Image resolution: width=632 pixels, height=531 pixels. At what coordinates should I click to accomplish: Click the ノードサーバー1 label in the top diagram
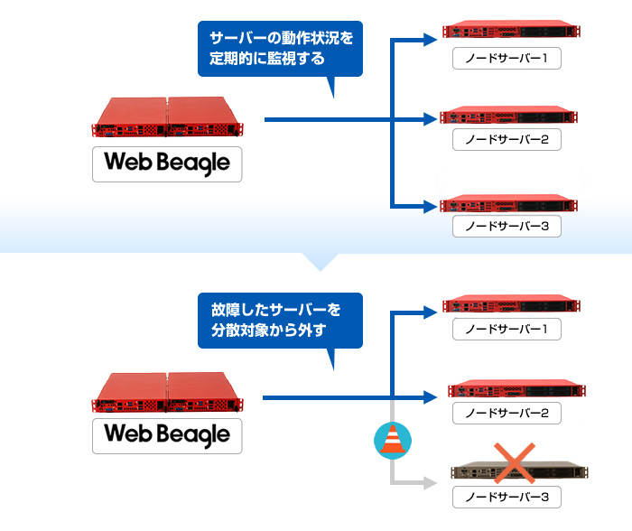coord(507,60)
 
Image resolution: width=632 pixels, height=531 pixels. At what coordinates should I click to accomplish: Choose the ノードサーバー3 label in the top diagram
coord(507,225)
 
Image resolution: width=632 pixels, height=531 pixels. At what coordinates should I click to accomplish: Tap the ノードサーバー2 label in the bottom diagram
coord(507,413)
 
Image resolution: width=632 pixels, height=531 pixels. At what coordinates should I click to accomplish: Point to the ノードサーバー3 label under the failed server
coord(507,497)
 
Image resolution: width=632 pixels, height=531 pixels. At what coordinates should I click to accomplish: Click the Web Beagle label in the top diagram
coord(167,163)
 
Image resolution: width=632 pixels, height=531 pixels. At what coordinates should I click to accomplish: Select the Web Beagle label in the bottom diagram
coord(167,434)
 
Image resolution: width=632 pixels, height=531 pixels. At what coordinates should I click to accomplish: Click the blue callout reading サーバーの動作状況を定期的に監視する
coord(280,51)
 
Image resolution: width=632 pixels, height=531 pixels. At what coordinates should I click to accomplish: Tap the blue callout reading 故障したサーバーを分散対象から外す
coord(280,321)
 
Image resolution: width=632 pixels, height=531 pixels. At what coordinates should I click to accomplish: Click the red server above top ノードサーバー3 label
coord(507,202)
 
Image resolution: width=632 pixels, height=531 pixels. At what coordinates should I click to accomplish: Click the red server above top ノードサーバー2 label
coord(507,117)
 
